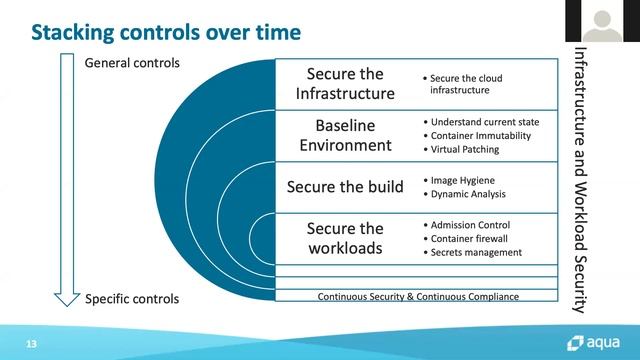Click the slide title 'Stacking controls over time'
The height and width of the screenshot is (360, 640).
[x=165, y=33]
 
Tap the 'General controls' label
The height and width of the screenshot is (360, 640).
[x=133, y=63]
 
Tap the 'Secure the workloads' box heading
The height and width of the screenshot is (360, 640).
[x=344, y=238]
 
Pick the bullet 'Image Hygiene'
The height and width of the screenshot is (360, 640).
[x=460, y=181]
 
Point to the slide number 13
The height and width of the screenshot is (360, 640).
[x=32, y=343]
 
